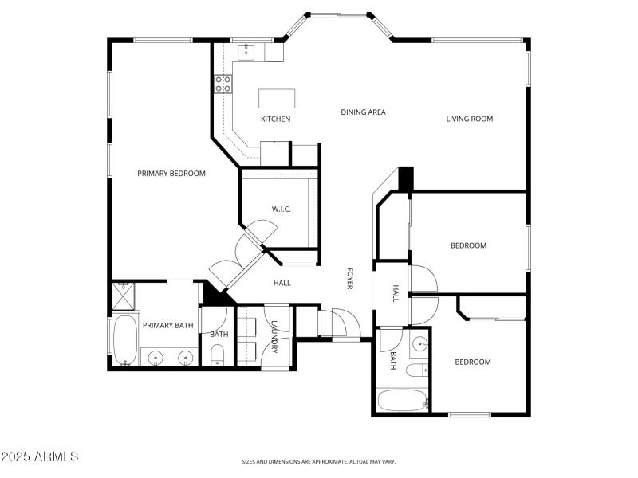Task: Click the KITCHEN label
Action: [x=275, y=119]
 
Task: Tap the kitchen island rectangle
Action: [x=276, y=98]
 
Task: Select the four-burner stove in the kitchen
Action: [x=223, y=84]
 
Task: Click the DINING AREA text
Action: [x=363, y=112]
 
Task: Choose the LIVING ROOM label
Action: [x=469, y=119]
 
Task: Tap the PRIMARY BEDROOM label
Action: [x=171, y=174]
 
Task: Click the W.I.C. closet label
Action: [x=281, y=210]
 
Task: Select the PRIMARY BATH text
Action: [x=167, y=325]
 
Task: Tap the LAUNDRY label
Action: [x=274, y=337]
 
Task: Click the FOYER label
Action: [x=349, y=279]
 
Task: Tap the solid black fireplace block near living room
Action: [x=406, y=178]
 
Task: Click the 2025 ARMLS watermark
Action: [x=40, y=457]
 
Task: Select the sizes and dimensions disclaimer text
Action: [x=319, y=461]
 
